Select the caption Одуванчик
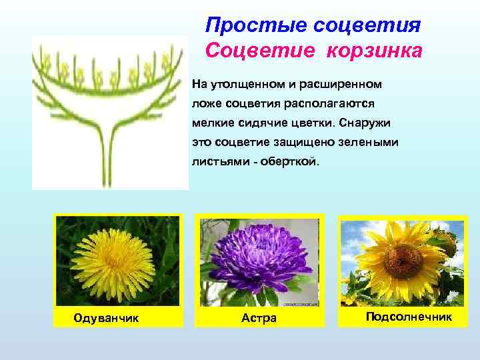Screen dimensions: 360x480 [x=107, y=318]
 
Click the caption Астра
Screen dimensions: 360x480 [x=259, y=318]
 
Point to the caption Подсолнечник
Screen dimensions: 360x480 [x=409, y=317]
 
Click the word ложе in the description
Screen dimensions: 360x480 [x=207, y=105]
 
